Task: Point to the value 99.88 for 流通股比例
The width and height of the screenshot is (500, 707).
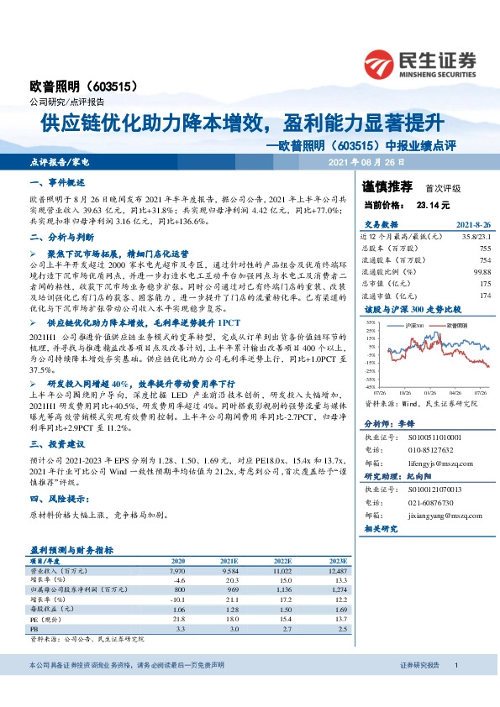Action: coord(480,271)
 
